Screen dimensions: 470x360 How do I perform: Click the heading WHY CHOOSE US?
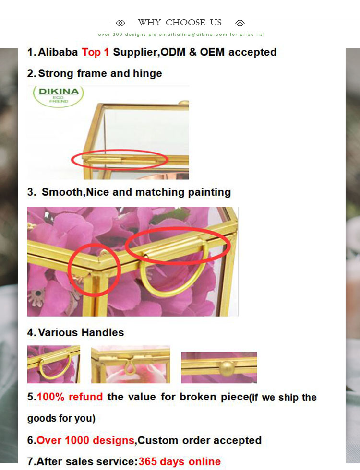[180, 23]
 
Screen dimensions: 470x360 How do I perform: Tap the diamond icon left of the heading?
[120, 23]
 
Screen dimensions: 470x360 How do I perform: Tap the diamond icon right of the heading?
[240, 23]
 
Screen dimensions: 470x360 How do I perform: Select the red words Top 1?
[95, 52]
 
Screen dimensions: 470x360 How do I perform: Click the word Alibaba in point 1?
[58, 52]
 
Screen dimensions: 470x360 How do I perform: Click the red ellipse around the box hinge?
[119, 159]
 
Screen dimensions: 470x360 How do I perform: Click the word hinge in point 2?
[147, 74]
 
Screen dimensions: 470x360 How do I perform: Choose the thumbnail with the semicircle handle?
[53, 364]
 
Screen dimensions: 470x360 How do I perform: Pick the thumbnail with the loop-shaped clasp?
[131, 364]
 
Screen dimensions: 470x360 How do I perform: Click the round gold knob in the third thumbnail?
[225, 368]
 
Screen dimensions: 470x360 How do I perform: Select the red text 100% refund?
[70, 397]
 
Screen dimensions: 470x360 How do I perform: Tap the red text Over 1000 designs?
[86, 440]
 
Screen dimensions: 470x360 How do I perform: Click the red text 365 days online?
[180, 461]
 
